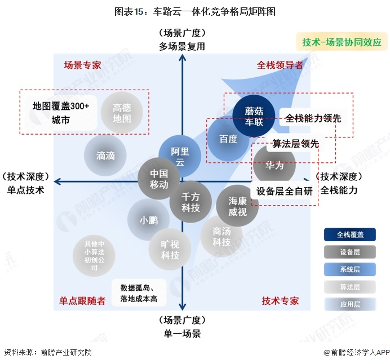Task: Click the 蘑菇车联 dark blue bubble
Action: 254,116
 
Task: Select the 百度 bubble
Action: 228,139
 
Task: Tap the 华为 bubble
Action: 274,165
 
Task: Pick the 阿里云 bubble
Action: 180,157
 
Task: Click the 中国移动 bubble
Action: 159,179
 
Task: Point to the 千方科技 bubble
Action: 190,202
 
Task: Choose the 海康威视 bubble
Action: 237,206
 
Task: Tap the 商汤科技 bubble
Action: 221,236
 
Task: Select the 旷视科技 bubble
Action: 170,250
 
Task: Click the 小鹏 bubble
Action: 148,220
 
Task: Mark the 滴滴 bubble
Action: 105,156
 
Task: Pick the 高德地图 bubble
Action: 122,113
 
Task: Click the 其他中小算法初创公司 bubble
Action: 94,256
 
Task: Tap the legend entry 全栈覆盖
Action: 350,234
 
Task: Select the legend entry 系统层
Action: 350,269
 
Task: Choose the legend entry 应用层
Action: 350,304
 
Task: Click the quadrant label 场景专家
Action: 83,65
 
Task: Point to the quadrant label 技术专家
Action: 280,301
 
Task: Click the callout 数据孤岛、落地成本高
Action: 139,293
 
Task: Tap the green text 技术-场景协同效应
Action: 342,42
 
